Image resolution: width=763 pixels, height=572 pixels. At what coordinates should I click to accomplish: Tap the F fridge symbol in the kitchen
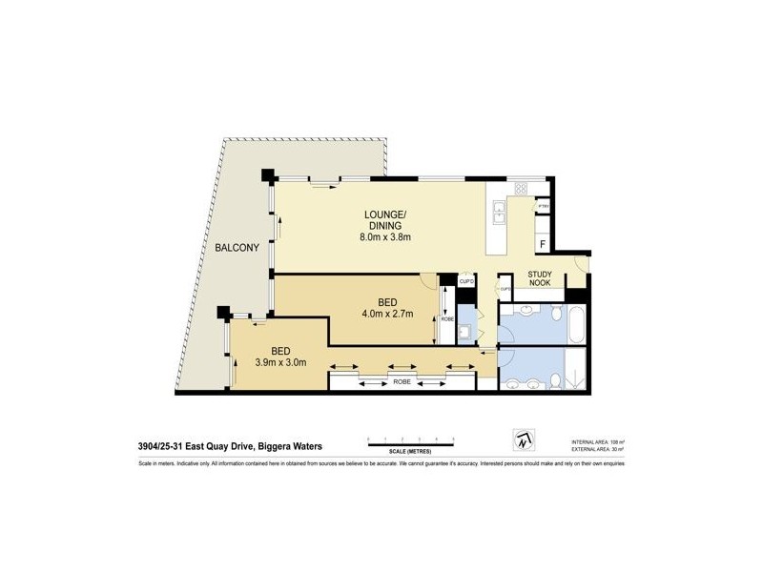tap(543, 245)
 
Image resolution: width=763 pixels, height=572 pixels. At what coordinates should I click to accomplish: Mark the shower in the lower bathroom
tap(576, 370)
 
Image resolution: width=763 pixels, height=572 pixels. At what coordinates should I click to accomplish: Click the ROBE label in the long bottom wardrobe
tap(402, 380)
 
